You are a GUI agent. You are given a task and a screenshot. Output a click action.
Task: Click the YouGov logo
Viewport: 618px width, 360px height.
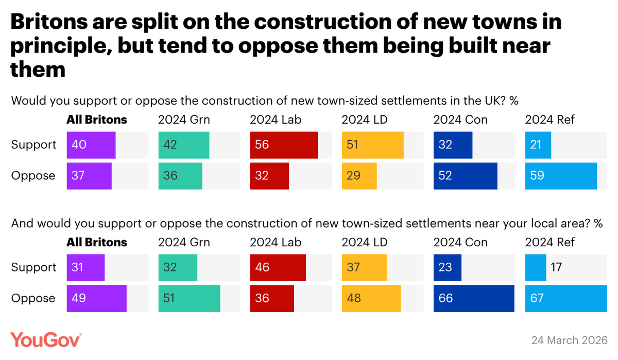click(x=46, y=340)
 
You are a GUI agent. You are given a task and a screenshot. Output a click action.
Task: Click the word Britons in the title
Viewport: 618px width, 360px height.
click(x=56, y=22)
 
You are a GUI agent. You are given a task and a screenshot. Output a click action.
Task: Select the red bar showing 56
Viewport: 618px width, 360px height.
click(x=284, y=145)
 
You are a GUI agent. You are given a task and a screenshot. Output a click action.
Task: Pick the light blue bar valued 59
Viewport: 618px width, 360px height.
click(x=561, y=176)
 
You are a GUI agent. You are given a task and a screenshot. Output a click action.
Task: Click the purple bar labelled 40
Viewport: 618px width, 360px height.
click(x=91, y=145)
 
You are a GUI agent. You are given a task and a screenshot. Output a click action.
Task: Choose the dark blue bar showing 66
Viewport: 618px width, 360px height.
click(x=474, y=299)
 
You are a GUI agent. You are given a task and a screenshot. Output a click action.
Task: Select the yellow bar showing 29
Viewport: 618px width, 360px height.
click(x=359, y=176)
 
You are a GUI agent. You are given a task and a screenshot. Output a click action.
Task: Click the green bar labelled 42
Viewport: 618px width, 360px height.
click(x=184, y=145)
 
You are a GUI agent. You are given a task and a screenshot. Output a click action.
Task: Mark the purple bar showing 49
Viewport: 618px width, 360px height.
click(x=97, y=299)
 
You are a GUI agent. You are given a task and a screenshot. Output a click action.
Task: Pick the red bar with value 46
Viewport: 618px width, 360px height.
click(x=278, y=268)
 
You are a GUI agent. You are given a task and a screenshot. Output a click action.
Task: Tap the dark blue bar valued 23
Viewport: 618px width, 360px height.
click(x=447, y=268)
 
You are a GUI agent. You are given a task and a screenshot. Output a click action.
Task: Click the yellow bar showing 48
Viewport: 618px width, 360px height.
click(x=371, y=299)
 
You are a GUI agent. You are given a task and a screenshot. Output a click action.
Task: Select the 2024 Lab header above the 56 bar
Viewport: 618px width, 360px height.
click(x=276, y=120)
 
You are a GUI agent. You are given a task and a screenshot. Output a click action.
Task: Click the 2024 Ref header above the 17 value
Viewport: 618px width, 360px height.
click(x=550, y=243)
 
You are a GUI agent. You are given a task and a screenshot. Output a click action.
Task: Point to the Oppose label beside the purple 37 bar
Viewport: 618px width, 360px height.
click(x=33, y=176)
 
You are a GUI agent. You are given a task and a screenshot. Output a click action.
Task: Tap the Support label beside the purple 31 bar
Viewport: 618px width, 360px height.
click(x=33, y=268)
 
